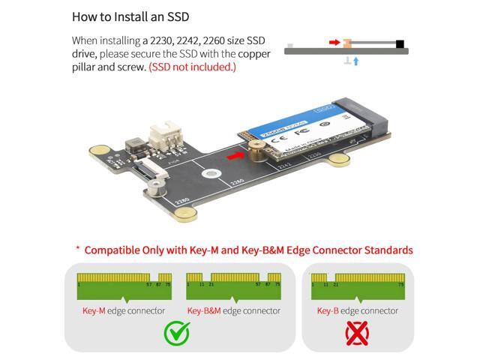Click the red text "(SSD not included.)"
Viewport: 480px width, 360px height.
[x=192, y=67]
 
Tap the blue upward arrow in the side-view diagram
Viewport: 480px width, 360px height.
[x=355, y=61]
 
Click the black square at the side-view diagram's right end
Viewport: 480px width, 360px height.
[x=400, y=43]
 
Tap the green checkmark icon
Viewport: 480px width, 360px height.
[x=176, y=333]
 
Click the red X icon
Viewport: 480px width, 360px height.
[x=357, y=333]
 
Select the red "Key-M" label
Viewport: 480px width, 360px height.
[x=96, y=310]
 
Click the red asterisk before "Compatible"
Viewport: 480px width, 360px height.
[x=77, y=249]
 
